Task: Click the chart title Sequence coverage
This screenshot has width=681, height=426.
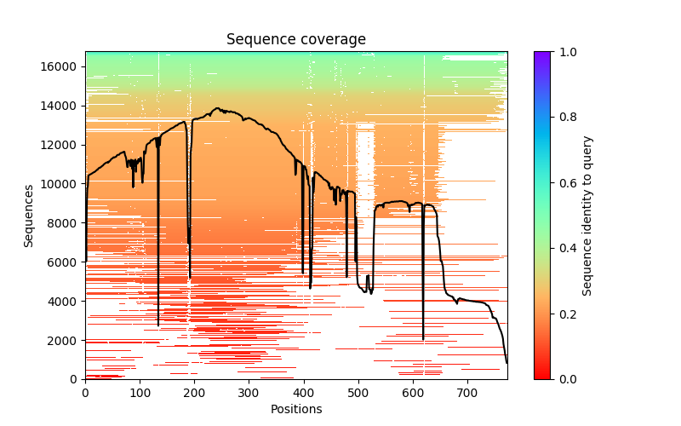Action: click(x=295, y=40)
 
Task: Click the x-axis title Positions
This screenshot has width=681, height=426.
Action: click(x=295, y=409)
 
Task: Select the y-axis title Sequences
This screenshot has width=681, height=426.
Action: click(x=29, y=216)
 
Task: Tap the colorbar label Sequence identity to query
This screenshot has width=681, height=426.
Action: click(x=587, y=216)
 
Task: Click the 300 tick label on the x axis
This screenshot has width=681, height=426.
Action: click(x=249, y=393)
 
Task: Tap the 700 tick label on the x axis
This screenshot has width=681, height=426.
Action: click(x=467, y=393)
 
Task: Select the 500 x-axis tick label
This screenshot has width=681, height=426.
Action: click(x=358, y=393)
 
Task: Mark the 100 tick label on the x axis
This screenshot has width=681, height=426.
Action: click(x=140, y=393)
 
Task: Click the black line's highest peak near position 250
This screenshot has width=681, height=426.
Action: click(x=219, y=108)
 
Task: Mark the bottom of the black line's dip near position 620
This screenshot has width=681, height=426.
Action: click(x=423, y=339)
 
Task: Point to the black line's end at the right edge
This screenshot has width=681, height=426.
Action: click(x=506, y=363)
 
